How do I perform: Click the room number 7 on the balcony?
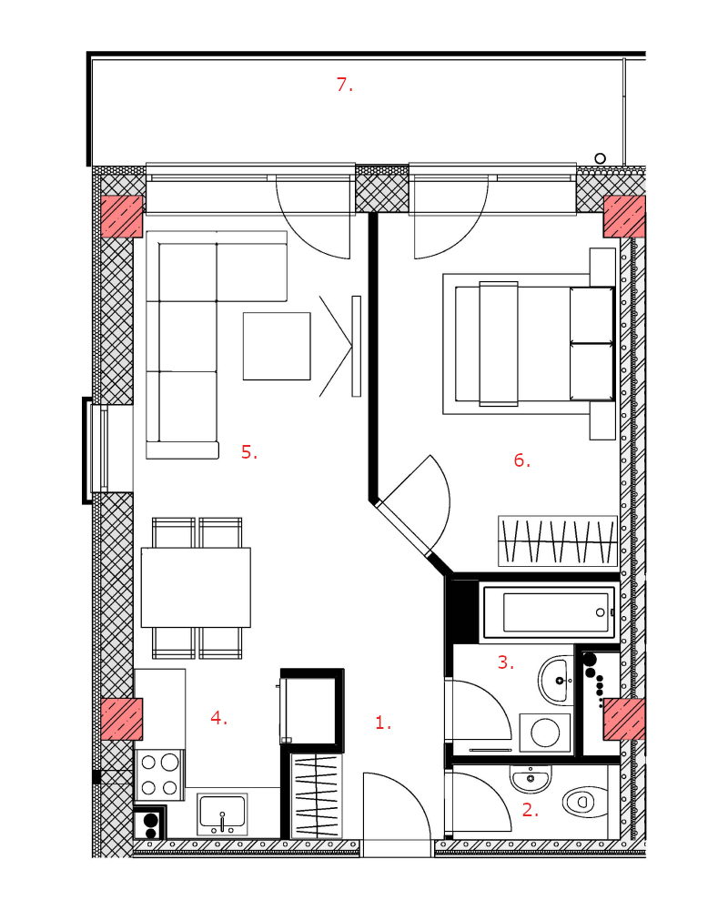pos(344,85)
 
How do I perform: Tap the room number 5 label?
pos(249,451)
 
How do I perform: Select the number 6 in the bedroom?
pos(522,460)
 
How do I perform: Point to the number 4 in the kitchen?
pos(218,718)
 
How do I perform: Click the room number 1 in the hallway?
pos(383,723)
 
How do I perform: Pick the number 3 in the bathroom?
pos(506,662)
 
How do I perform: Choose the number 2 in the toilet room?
pos(530,810)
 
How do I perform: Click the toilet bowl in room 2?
pos(584,802)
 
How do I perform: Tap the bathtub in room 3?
pos(549,612)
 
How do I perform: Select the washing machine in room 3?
pos(545,733)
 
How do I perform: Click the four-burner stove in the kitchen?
pos(159,774)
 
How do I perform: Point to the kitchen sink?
pos(222,814)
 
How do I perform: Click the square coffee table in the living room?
pos(277,347)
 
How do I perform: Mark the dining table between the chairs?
pos(196,587)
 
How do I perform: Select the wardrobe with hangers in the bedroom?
pos(558,541)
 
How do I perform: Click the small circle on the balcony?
pos(601,157)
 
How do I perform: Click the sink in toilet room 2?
pos(530,779)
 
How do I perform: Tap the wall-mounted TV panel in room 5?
pos(357,347)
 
